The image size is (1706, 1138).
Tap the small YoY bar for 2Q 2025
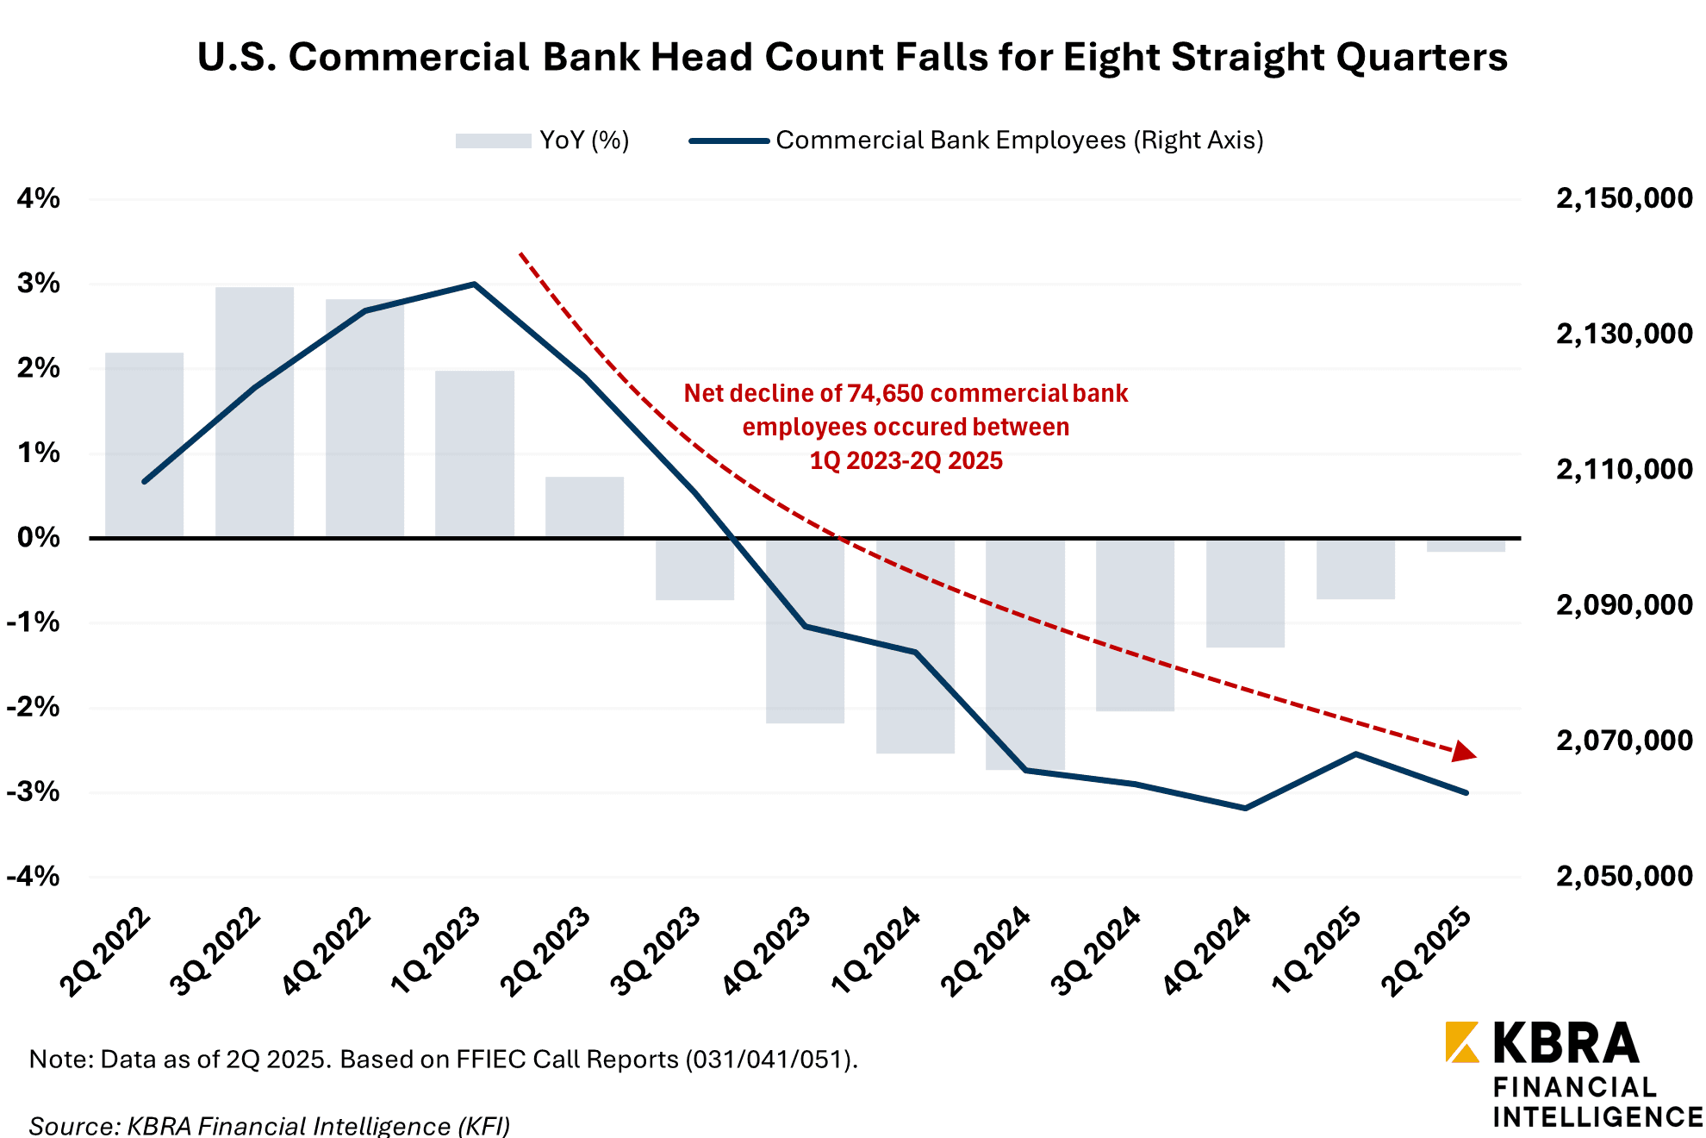pos(1466,546)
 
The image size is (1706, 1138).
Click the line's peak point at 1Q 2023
pos(474,284)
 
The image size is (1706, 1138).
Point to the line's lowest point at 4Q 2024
pos(1245,808)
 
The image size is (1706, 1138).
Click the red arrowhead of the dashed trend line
pos(1464,752)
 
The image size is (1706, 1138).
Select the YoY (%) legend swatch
pos(493,141)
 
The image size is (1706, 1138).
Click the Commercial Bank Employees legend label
pos(1019,141)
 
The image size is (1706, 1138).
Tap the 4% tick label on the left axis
pos(39,198)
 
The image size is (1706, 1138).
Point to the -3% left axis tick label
pos(34,791)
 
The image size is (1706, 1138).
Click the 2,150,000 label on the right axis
pos(1623,198)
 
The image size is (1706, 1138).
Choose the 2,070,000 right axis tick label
pos(1623,740)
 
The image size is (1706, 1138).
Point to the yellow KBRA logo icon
pos(1461,1041)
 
